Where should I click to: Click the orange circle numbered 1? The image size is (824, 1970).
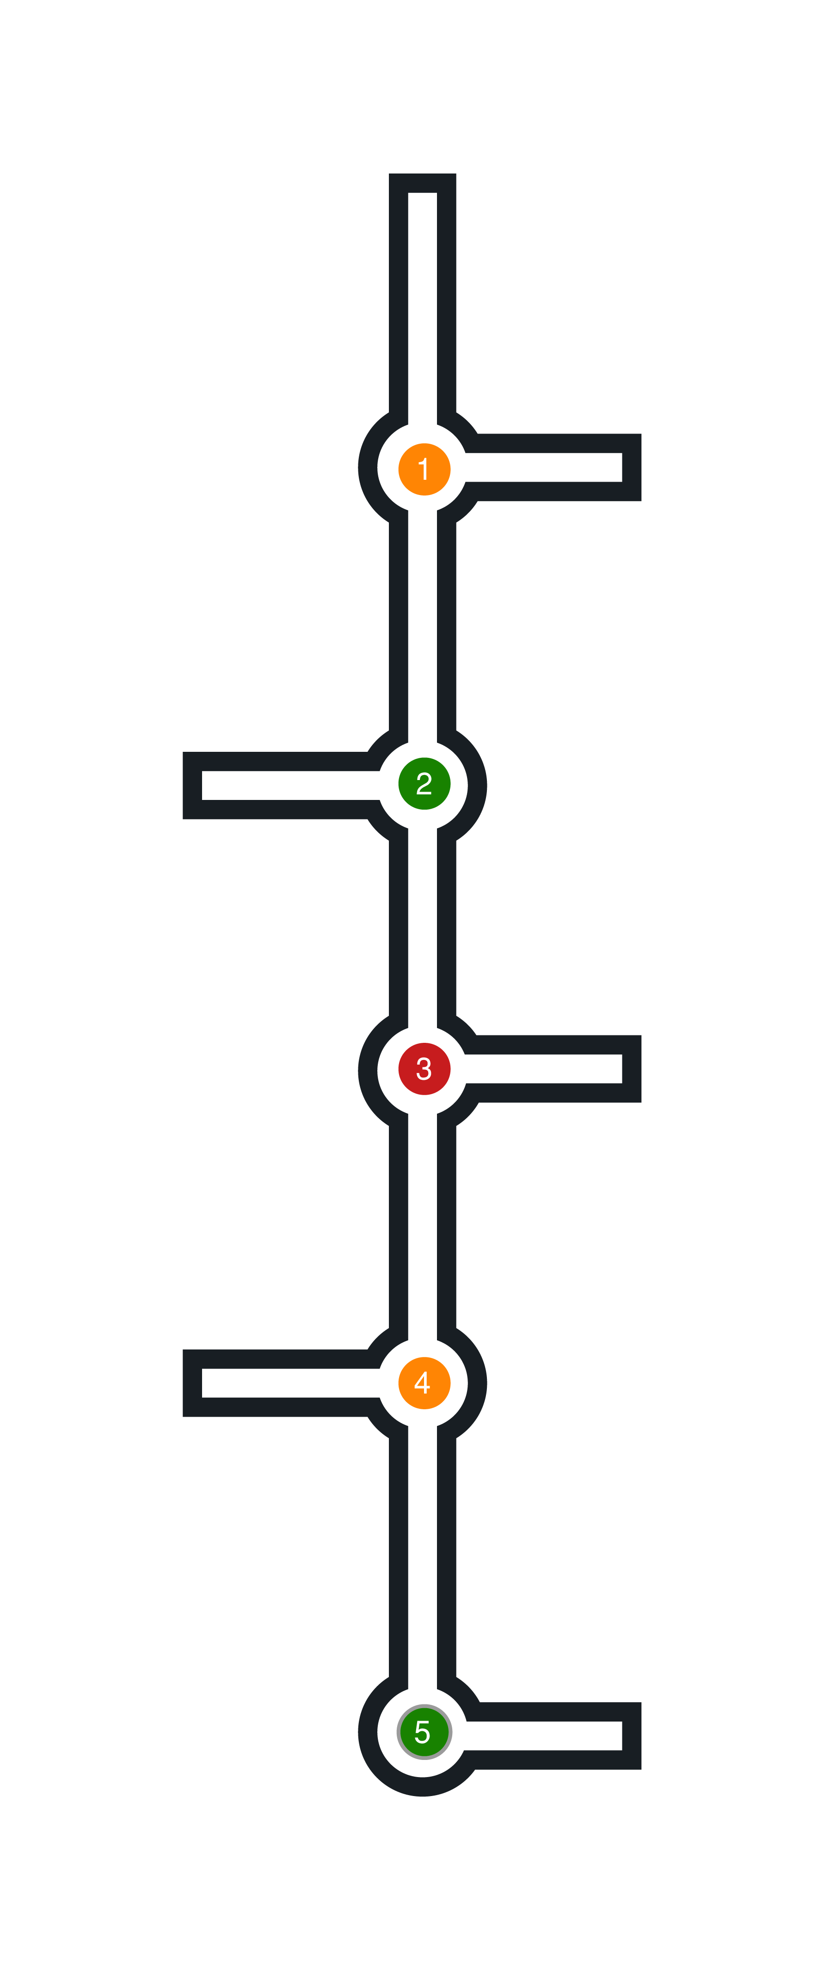click(424, 469)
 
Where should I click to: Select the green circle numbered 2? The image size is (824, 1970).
click(424, 783)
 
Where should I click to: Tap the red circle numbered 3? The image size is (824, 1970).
click(424, 1068)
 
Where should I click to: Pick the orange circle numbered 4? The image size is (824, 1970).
click(424, 1383)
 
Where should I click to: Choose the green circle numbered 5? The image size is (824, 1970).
click(424, 1731)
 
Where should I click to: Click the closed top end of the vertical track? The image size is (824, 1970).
click(423, 184)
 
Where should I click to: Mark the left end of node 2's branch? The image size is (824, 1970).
click(193, 786)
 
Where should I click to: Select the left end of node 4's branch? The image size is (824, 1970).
click(193, 1383)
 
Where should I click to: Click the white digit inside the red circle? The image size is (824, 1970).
click(424, 1068)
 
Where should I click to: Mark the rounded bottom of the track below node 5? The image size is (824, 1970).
click(423, 1786)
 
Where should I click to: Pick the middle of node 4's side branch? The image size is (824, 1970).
click(290, 1383)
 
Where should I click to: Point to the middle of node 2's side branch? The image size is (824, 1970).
click(290, 786)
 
